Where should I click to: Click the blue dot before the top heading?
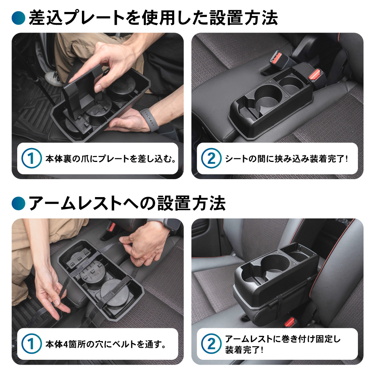click(18, 18)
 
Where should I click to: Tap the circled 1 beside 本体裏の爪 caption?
click(31, 158)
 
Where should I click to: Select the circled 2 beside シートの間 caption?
click(211, 158)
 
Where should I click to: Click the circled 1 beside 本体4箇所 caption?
click(31, 344)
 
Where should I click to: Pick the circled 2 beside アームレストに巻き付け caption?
click(211, 344)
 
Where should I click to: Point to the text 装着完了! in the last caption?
click(244, 350)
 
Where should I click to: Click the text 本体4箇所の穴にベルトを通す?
click(106, 344)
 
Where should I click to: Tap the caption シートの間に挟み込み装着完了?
click(286, 159)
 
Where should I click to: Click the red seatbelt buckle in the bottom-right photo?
click(289, 322)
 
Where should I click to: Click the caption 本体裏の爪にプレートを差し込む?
click(111, 159)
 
